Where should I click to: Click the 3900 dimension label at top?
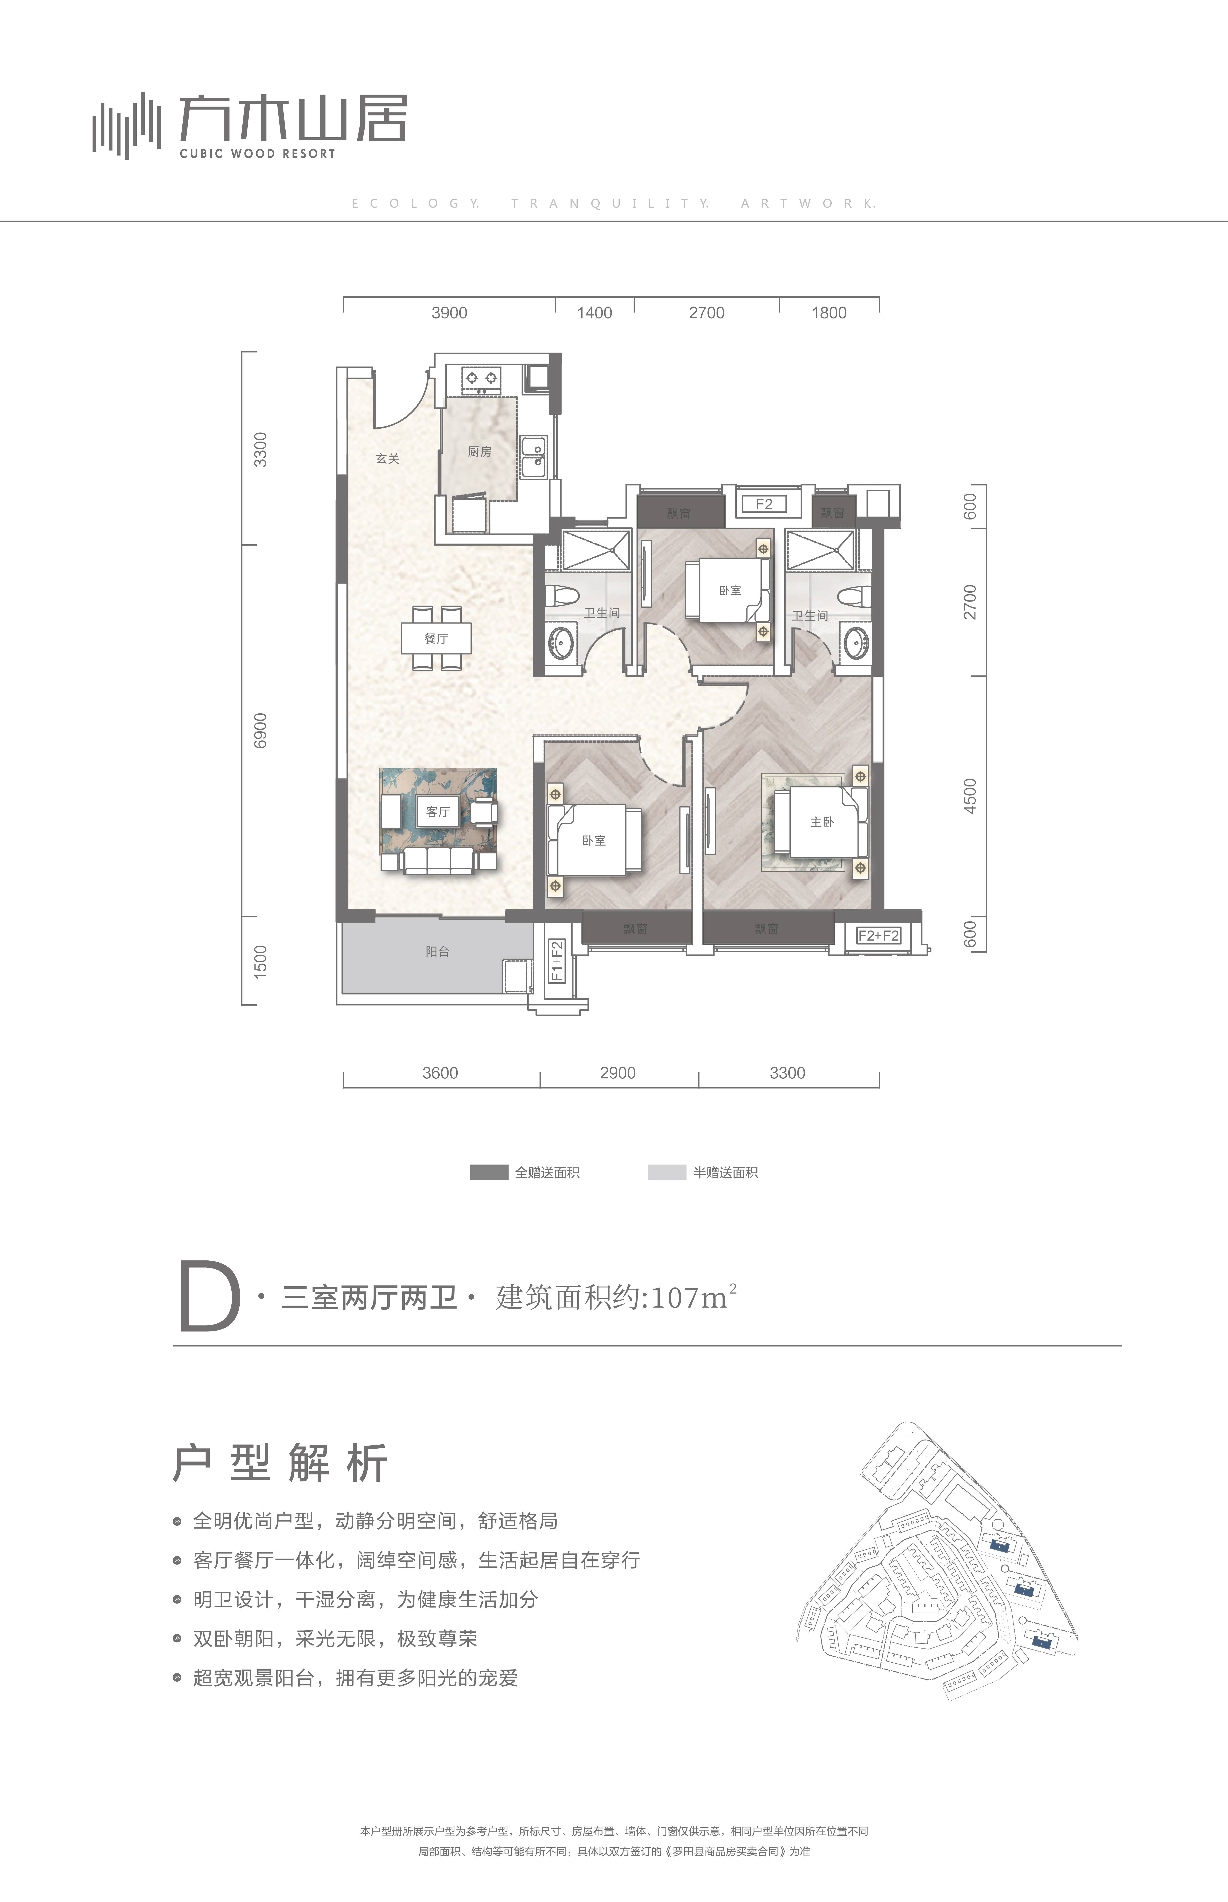(449, 313)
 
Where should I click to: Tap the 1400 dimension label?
(594, 313)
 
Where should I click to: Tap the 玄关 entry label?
(388, 458)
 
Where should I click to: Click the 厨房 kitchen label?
(479, 451)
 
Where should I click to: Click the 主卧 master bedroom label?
(821, 821)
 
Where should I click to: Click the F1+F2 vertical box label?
(557, 961)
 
